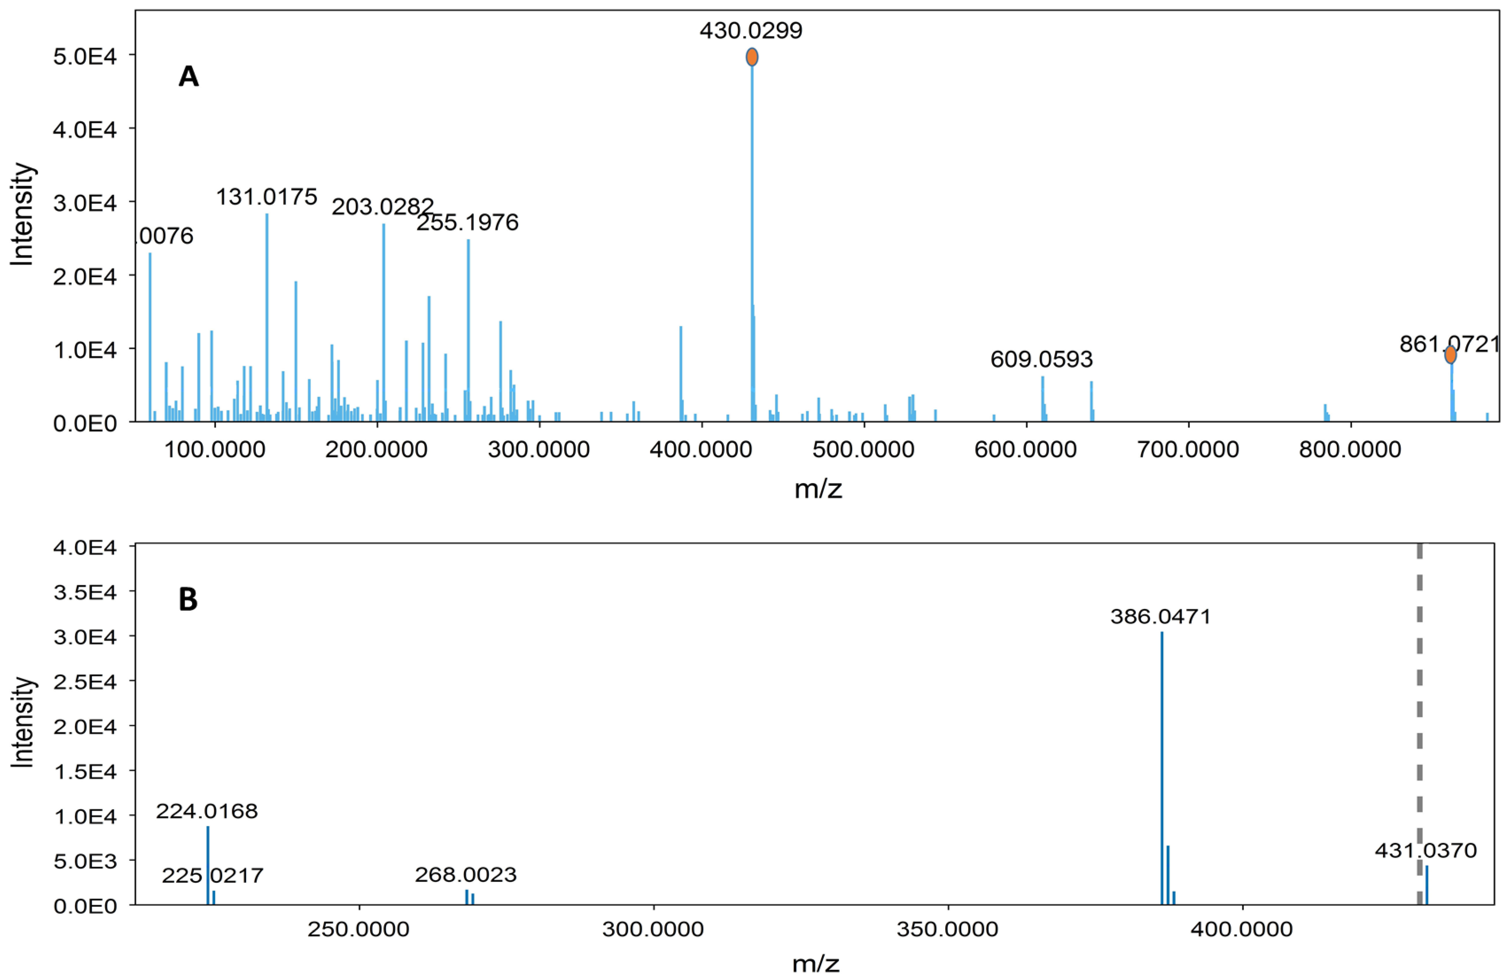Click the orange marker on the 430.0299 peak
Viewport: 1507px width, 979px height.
[x=751, y=57]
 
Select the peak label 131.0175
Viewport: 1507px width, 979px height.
[x=267, y=197]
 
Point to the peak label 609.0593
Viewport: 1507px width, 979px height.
[x=1041, y=359]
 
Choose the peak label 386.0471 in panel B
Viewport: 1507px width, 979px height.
[x=1161, y=616]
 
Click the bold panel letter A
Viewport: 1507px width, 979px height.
[x=189, y=77]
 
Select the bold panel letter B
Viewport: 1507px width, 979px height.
[x=188, y=599]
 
